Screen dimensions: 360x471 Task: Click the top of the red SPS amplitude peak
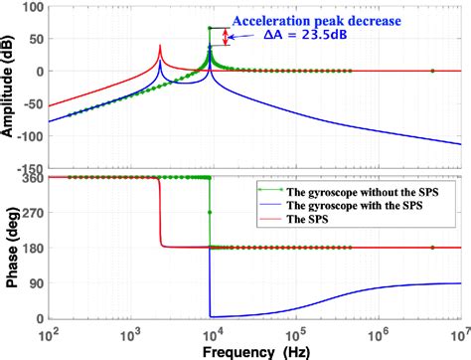point(160,45)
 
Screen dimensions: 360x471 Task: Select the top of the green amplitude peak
point(209,28)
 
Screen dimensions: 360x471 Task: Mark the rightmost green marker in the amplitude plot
point(432,71)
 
